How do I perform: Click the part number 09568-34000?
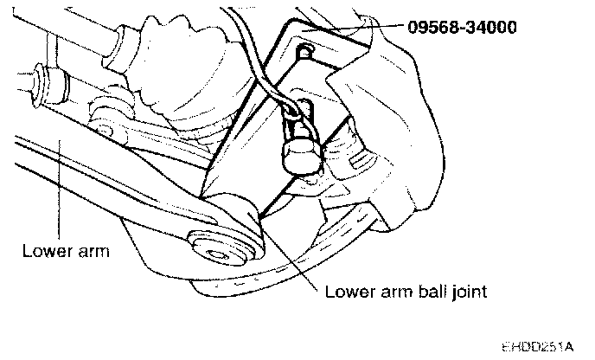463,27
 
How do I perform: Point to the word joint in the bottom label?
469,292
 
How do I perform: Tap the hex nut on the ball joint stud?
296,156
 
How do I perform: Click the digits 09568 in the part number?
430,27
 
